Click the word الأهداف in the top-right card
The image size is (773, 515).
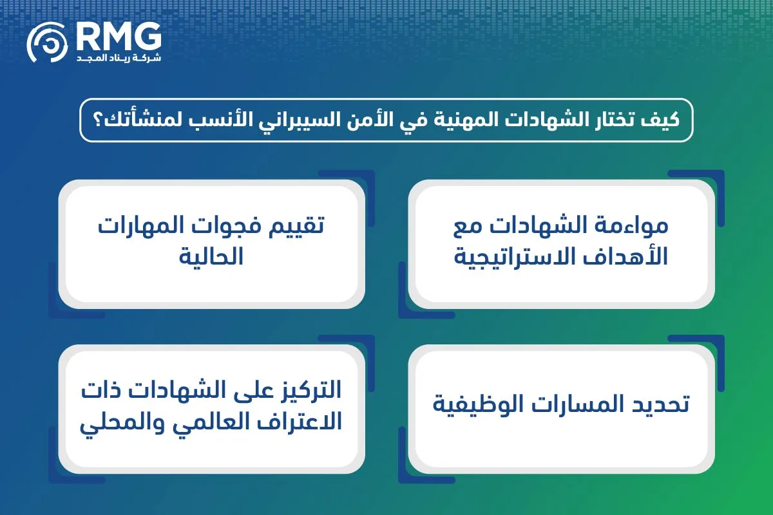[x=622, y=257]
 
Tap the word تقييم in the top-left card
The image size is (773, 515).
[x=295, y=227]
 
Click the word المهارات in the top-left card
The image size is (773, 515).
[x=138, y=227]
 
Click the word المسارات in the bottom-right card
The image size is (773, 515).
[x=570, y=406]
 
